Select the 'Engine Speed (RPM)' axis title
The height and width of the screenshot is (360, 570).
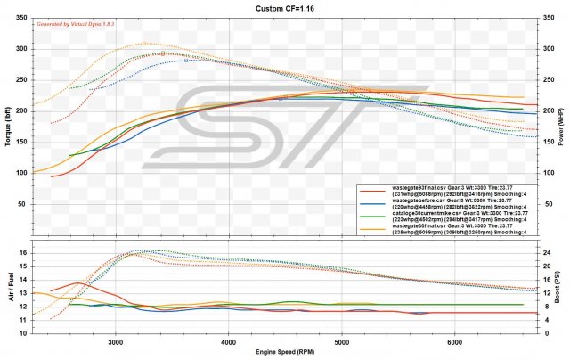pos(285,354)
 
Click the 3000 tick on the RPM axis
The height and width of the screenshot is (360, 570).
pos(115,341)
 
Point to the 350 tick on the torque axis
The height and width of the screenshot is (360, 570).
pos(21,20)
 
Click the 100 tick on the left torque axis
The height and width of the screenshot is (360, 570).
pos(21,172)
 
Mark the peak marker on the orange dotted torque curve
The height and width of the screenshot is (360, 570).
pos(144,43)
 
